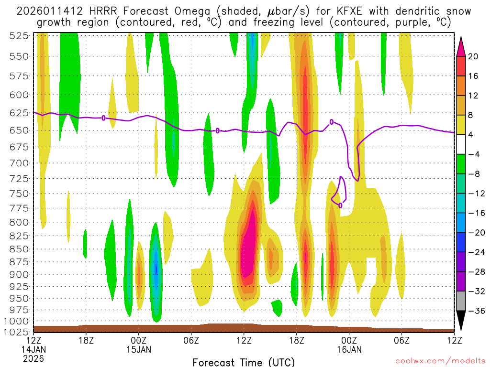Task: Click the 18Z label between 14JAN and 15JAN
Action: click(86, 340)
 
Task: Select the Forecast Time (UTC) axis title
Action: click(244, 362)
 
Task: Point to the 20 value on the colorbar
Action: click(473, 56)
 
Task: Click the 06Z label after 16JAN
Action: click(401, 340)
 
